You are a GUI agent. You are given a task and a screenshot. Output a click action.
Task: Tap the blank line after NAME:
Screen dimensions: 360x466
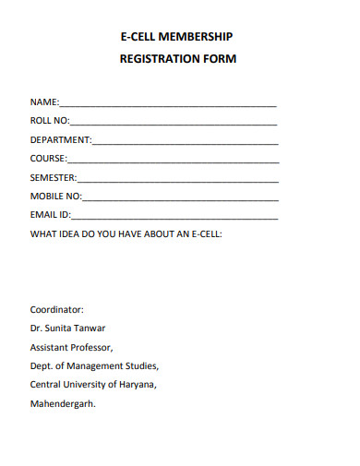click(x=168, y=104)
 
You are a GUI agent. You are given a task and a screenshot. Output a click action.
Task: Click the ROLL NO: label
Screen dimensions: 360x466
click(x=50, y=122)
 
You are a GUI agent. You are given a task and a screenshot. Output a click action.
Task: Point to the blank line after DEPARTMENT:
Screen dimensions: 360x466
click(x=185, y=142)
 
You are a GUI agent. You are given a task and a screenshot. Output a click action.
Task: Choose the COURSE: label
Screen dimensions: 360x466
click(x=49, y=159)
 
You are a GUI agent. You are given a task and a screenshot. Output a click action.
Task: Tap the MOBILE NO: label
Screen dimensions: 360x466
click(x=56, y=197)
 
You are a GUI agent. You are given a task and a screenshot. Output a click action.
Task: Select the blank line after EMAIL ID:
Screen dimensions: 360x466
click(x=174, y=217)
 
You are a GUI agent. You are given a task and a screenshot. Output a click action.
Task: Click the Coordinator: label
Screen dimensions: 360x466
click(x=57, y=310)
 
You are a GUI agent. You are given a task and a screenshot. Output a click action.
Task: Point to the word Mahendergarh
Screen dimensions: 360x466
click(x=63, y=404)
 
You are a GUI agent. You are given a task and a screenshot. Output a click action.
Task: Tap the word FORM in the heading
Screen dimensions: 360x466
click(x=218, y=59)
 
